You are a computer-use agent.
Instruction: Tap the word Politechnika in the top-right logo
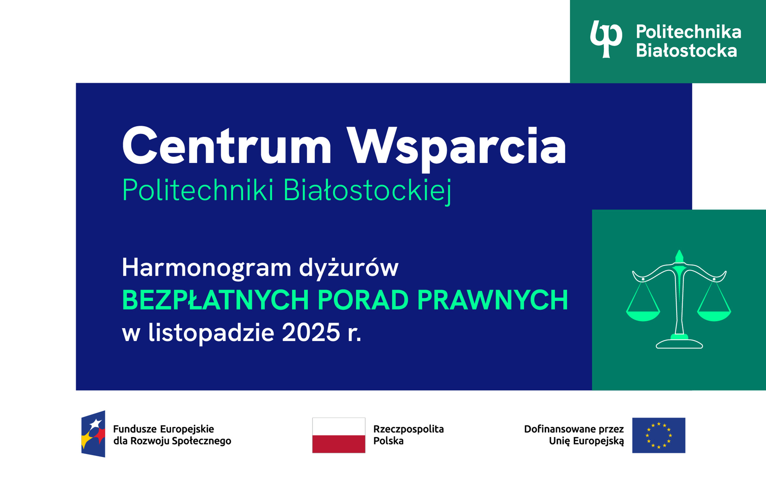(688, 32)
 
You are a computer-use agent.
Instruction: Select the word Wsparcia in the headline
(456, 146)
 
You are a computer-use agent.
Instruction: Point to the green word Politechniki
(198, 190)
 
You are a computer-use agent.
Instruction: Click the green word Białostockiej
(367, 190)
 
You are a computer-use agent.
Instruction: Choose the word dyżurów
(349, 268)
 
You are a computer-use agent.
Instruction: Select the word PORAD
(363, 300)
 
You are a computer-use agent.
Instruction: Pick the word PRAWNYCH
(492, 300)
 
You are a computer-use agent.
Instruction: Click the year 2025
(311, 333)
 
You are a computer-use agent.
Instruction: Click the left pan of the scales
(643, 315)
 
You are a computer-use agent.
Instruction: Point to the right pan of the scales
(714, 315)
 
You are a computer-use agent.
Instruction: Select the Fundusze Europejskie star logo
(93, 434)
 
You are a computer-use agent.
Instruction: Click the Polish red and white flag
(339, 435)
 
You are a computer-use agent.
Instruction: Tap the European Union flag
(659, 435)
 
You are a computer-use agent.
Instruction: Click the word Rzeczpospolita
(408, 429)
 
